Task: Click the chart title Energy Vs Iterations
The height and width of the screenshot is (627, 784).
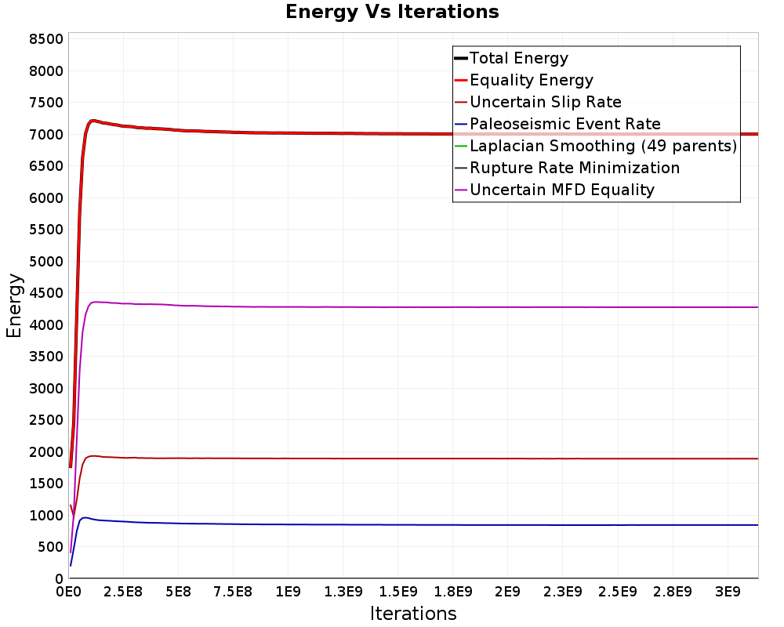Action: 392,12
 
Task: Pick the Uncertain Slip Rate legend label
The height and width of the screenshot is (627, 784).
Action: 546,102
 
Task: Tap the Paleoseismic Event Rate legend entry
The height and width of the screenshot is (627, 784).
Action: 565,124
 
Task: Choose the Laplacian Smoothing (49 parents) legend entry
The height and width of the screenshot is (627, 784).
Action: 604,146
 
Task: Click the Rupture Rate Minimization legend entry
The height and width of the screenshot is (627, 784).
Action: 575,168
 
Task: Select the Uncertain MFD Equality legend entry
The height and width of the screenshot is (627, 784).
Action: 562,190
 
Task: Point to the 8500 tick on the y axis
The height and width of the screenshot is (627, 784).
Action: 46,39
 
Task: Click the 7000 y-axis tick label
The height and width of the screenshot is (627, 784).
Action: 46,135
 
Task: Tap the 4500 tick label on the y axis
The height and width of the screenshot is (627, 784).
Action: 46,293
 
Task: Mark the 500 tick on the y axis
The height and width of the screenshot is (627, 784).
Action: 50,547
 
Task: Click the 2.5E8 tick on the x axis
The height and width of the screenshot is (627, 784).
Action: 123,592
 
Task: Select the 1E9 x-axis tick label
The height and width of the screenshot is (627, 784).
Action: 288,592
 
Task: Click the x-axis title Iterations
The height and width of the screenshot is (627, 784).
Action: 413,613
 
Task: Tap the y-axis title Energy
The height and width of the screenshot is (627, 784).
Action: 14,306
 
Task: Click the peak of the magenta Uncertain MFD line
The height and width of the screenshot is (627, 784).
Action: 95,302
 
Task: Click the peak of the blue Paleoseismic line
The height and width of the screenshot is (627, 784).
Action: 84,517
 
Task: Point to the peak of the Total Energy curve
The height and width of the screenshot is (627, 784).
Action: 93,121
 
